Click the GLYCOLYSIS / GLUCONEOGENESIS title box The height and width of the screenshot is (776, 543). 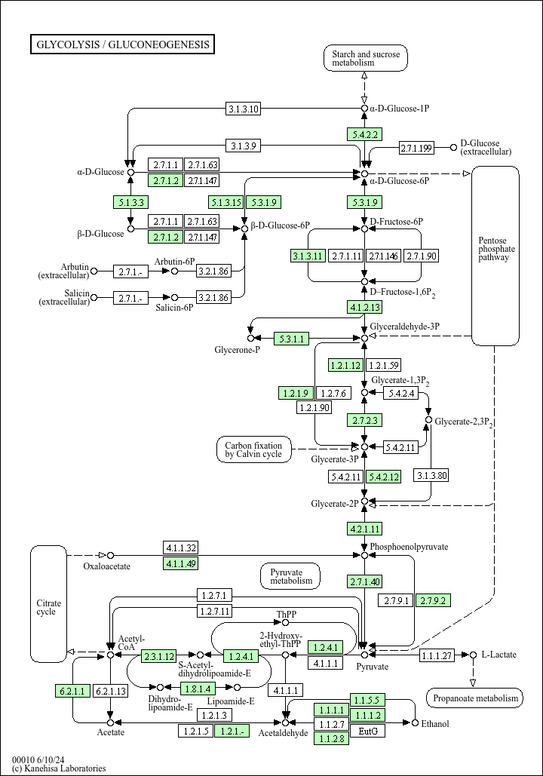122,44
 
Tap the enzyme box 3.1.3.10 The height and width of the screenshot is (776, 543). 244,109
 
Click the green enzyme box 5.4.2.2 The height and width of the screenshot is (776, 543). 364,134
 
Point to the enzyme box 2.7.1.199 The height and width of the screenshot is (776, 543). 416,147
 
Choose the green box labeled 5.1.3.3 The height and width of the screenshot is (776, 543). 130,201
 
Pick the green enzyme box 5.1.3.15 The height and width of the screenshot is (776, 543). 226,201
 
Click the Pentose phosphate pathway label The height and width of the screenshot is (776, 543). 495,249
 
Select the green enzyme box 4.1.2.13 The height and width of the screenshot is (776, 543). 364,307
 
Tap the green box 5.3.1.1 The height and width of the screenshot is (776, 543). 291,339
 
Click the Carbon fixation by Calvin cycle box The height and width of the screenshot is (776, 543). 253,449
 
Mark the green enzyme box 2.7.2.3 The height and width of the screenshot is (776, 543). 364,420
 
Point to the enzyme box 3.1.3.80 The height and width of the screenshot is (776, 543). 431,475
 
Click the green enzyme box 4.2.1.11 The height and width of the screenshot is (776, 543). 364,528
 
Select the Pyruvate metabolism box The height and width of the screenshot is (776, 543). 290,577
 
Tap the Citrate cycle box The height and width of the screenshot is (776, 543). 48,606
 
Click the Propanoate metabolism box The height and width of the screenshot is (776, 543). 474,698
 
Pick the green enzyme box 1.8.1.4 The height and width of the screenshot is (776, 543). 198,688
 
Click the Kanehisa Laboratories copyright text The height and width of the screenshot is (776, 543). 59,768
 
